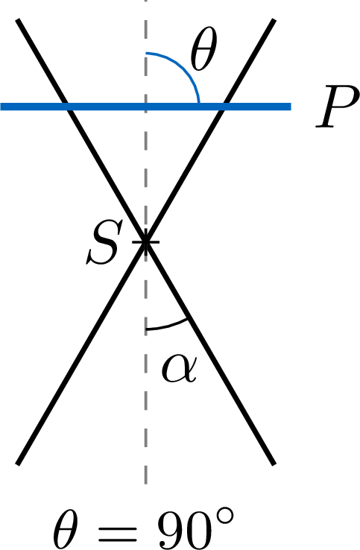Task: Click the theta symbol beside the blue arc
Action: [x=203, y=48]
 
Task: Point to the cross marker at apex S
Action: [x=145, y=241]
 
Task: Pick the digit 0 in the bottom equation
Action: [x=203, y=528]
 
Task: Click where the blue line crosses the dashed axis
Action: [x=145, y=107]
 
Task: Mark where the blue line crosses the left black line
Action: [x=68, y=107]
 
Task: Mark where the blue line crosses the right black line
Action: [x=223, y=107]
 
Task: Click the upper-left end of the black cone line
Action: [x=18, y=20]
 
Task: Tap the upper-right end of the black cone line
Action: [x=274, y=20]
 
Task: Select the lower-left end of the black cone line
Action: [x=18, y=464]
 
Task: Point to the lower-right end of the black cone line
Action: [x=274, y=464]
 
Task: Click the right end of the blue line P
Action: [x=291, y=107]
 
